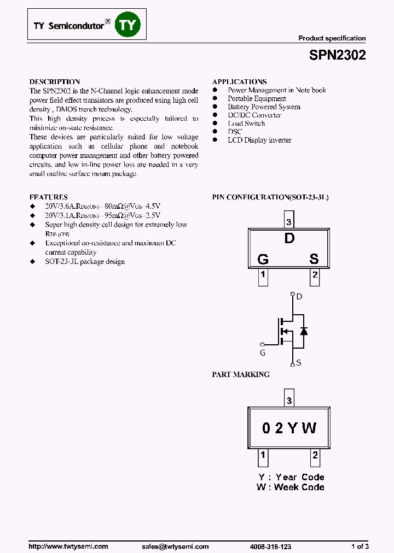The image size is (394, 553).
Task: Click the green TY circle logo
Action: [x=128, y=25]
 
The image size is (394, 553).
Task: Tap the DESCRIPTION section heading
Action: [x=55, y=81]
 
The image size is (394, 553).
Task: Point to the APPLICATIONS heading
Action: [x=240, y=81]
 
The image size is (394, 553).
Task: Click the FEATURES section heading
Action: [x=48, y=197]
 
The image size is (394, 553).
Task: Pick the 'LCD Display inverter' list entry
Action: [x=259, y=140]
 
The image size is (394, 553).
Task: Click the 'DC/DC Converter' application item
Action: [x=254, y=115]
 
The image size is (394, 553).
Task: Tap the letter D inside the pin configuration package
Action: [x=289, y=238]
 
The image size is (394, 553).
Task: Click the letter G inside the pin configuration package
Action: [x=263, y=259]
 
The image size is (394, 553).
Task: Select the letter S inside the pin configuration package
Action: [x=314, y=259]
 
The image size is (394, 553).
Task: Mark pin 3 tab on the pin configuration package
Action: [x=289, y=222]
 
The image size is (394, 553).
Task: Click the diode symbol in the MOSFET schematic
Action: [x=304, y=331]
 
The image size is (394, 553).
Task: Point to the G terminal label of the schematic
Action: [x=263, y=353]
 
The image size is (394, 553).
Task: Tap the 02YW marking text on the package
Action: [x=289, y=428]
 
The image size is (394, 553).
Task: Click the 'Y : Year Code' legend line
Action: [x=291, y=477]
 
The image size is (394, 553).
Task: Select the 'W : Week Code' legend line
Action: [x=290, y=487]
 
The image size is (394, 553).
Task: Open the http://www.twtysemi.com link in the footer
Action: [x=68, y=546]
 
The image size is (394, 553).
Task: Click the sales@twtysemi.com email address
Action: [x=175, y=546]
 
